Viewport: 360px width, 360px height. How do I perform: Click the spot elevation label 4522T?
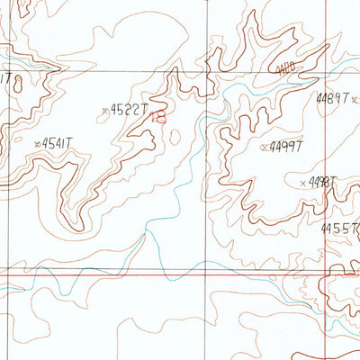point(128,110)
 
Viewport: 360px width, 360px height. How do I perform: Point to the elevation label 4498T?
point(320,182)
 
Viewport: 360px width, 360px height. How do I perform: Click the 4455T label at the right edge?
point(340,229)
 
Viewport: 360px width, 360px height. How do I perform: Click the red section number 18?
point(160,114)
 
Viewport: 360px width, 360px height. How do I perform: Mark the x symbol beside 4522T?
point(105,111)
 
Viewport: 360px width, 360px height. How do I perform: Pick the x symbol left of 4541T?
point(36,143)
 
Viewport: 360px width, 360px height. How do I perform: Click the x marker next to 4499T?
point(263,146)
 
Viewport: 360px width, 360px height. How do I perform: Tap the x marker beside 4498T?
point(302,183)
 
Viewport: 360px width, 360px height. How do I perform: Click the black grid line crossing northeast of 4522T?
point(208,70)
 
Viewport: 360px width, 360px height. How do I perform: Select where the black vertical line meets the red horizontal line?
point(208,269)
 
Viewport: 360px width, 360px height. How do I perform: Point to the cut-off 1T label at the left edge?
point(6,78)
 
